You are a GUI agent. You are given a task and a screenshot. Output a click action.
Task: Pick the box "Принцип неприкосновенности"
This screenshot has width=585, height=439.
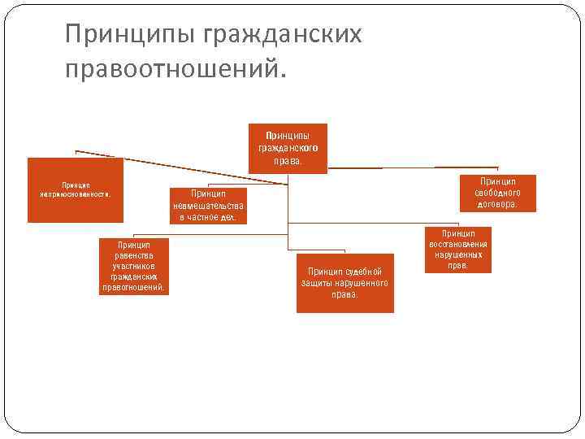pyautogui.click(x=76, y=189)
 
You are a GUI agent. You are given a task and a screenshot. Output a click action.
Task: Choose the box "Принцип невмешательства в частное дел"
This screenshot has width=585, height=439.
pyautogui.click(x=208, y=206)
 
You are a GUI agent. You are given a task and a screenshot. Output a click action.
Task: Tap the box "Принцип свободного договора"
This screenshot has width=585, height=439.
pyautogui.click(x=497, y=193)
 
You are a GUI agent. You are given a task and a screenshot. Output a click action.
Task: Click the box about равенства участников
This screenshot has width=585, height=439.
pyautogui.click(x=133, y=266)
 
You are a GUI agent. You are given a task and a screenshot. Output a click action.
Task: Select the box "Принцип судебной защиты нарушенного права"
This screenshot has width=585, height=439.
pyautogui.click(x=344, y=282)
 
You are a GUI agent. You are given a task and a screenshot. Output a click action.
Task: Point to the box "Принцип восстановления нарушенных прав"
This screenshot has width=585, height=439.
pyautogui.click(x=458, y=250)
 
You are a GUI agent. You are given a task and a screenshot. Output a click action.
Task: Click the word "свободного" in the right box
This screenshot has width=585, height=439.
pyautogui.click(x=497, y=193)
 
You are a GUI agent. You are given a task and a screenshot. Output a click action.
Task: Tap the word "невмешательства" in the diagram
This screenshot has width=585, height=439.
pyautogui.click(x=209, y=206)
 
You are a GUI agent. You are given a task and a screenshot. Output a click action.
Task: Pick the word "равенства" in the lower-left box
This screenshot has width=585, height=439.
pyautogui.click(x=133, y=255)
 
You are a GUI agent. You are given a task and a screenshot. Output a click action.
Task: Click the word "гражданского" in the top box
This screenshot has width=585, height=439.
pyautogui.click(x=288, y=149)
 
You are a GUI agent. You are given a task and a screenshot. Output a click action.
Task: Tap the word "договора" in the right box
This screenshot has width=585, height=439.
pyautogui.click(x=496, y=205)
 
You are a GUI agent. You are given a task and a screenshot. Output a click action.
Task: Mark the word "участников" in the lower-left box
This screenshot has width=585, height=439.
pyautogui.click(x=133, y=266)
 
